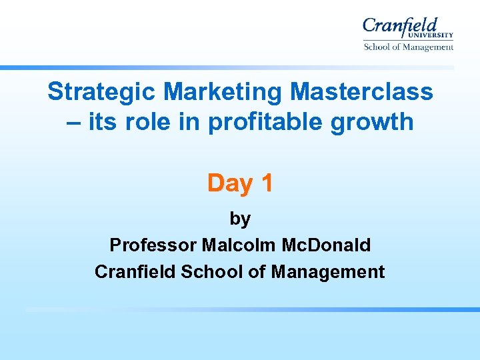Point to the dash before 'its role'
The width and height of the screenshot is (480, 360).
pos(75,122)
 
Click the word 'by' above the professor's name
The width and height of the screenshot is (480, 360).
pos(240,219)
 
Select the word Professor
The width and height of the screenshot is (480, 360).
pos(153,245)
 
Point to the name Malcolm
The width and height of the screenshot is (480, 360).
pos(231,245)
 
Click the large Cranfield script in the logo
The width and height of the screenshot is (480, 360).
pos(400,27)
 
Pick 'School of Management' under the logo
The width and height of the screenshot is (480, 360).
pos(408,47)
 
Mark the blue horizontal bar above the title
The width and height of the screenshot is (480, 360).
pos(227,67)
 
